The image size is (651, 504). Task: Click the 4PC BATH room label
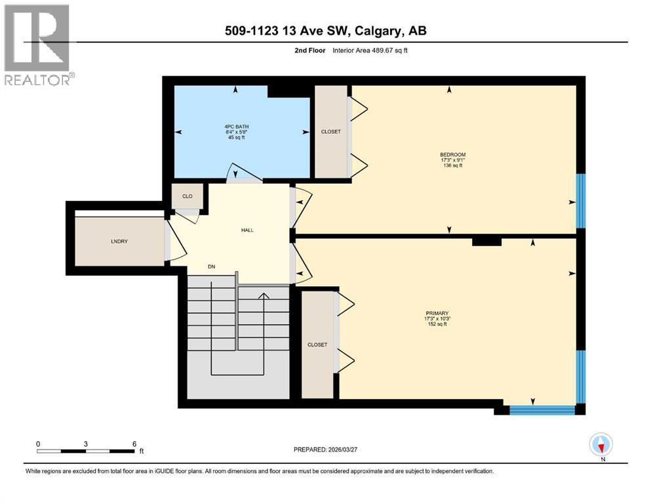tap(236, 126)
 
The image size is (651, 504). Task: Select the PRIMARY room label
tap(436, 313)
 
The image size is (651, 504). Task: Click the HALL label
tap(247, 230)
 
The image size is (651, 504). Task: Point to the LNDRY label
tap(119, 241)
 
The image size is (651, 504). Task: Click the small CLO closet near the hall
tap(186, 196)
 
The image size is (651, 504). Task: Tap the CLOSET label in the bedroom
tap(331, 131)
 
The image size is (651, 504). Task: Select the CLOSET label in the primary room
tap(318, 345)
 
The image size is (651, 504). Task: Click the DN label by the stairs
tap(212, 266)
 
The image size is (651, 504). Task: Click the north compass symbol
tap(601, 445)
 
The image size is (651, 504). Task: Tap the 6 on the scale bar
tap(134, 444)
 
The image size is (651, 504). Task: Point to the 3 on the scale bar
tap(86, 444)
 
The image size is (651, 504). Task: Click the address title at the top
tap(325, 30)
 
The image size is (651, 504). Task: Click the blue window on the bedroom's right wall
tap(580, 200)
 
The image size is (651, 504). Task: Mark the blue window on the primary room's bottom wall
tap(542, 410)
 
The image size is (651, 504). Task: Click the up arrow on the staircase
tap(264, 297)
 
